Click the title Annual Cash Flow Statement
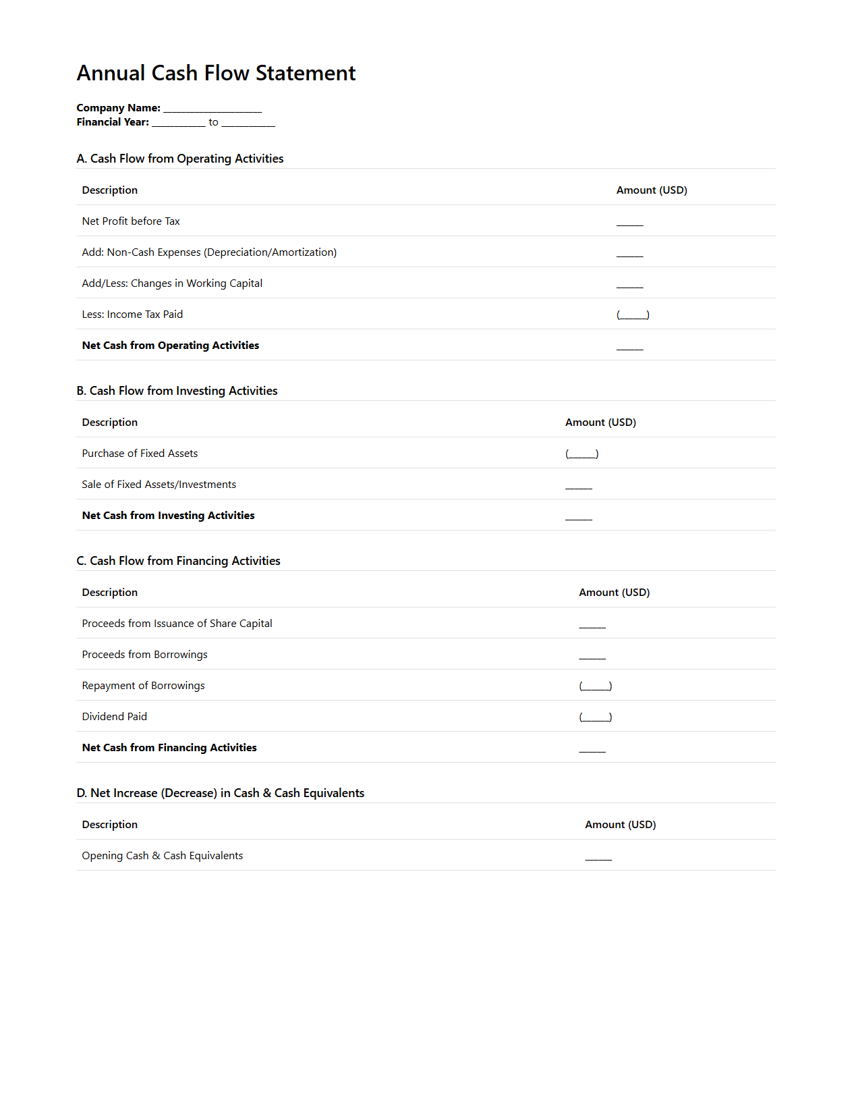click(216, 73)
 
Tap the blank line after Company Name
click(212, 109)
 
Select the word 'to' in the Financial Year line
click(213, 122)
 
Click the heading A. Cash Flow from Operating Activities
click(180, 159)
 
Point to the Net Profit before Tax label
click(131, 221)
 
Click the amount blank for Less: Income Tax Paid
click(633, 315)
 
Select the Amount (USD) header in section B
click(600, 423)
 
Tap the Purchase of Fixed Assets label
click(140, 454)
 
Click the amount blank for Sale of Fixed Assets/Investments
click(579, 485)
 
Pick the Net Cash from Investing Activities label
click(168, 516)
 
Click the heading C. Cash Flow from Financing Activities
click(178, 561)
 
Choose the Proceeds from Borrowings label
click(144, 655)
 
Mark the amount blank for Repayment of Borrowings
click(596, 686)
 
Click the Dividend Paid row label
click(114, 717)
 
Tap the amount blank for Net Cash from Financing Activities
click(592, 748)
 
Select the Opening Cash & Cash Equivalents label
click(162, 856)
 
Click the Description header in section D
click(109, 825)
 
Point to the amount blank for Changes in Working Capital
click(629, 284)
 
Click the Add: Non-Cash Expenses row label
click(209, 252)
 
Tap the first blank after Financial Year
click(179, 123)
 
